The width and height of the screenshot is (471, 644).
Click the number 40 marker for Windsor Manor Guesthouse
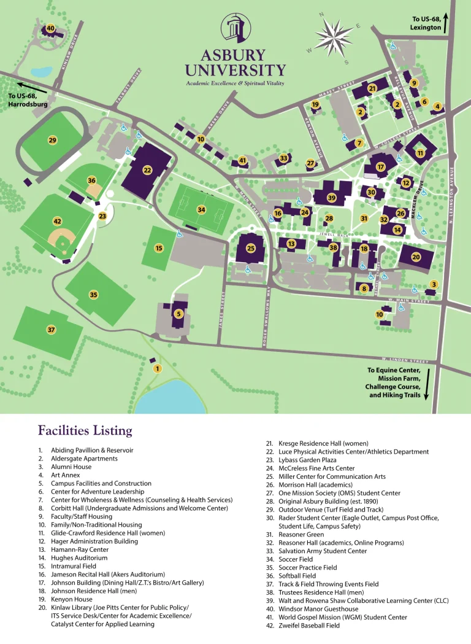50,28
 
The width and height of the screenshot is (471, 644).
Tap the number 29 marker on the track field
52,140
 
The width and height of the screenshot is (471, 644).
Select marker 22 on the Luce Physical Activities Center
147,169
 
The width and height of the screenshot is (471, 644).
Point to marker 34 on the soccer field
201,209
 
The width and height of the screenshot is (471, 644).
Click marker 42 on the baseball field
58,221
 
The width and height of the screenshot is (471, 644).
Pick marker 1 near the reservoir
157,368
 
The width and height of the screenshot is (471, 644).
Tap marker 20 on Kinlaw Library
416,257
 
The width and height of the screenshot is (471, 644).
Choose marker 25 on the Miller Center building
250,248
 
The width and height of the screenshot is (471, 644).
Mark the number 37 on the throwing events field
52,330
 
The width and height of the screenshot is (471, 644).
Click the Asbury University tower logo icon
235,29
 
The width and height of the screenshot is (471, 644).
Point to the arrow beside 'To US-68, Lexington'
446,23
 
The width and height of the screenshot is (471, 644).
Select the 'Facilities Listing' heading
85,430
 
